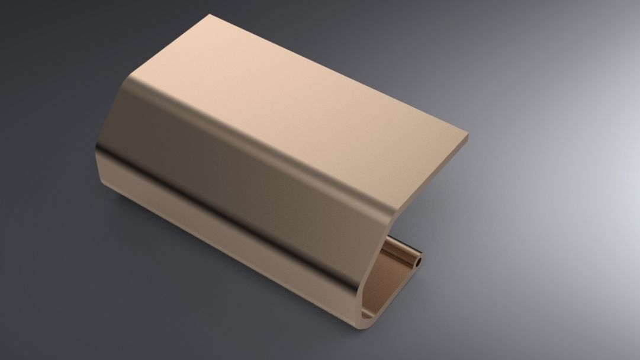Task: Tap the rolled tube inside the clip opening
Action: coord(403,253)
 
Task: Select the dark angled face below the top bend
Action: coord(249,160)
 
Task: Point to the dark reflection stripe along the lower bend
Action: coord(237,204)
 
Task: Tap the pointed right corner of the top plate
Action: coord(468,136)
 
